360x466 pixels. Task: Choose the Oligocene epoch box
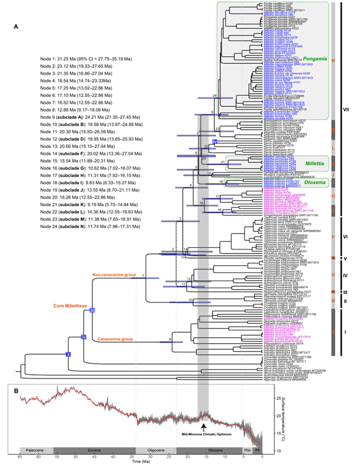(x=155, y=449)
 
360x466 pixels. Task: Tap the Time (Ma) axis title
(x=141, y=463)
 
